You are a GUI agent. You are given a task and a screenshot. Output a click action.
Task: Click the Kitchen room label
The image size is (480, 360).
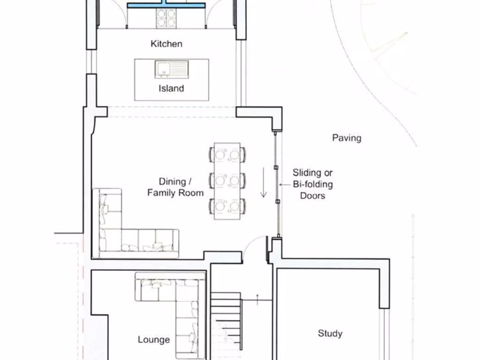pos(166,44)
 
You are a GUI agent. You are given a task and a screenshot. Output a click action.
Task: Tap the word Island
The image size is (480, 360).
pos(171,89)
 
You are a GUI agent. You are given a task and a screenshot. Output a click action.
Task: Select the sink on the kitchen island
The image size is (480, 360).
pos(172,69)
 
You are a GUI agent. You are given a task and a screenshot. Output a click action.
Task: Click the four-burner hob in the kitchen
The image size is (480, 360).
pos(166,18)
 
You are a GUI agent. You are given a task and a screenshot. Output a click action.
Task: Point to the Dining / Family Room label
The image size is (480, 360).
pos(175,187)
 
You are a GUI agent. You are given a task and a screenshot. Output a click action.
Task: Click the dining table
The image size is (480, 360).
pos(227,181)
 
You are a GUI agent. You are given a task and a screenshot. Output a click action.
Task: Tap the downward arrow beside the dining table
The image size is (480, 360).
pos(263,182)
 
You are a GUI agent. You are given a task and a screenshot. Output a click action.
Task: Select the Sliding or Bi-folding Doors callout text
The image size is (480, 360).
pos(313,184)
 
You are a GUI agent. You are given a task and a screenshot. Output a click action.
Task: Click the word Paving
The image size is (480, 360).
pos(346,138)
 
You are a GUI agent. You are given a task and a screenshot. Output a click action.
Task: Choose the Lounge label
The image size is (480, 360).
pos(154,339)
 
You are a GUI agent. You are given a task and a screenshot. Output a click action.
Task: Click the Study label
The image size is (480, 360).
pos(330,333)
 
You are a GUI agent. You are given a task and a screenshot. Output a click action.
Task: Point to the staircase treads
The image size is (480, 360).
pos(226,322)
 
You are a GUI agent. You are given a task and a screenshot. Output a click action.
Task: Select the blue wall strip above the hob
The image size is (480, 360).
pos(166,5)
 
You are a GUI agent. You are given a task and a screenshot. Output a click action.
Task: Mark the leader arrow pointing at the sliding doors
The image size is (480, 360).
pos(285,185)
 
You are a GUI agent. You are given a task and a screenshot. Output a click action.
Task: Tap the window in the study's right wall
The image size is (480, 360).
pos(384,334)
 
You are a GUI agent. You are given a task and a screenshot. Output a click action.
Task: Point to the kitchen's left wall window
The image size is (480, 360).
pos(91,61)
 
